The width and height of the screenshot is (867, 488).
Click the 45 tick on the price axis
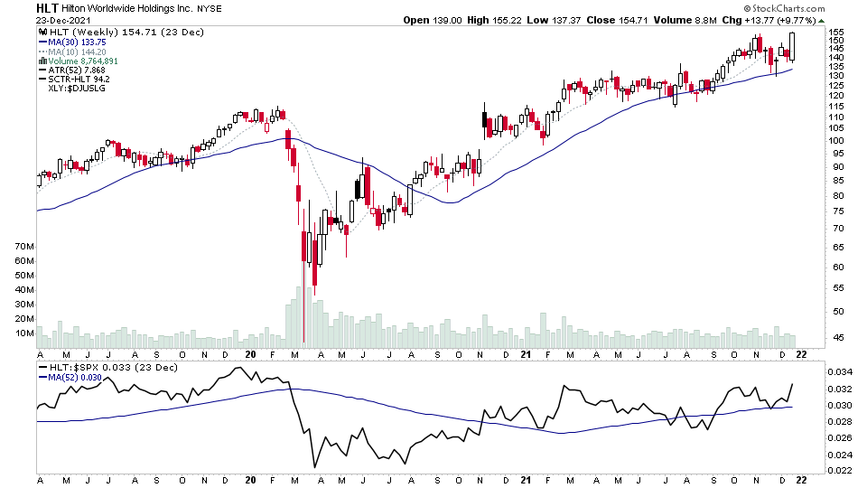pyautogui.click(x=838, y=338)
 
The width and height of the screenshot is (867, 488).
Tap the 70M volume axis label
pyautogui.click(x=23, y=247)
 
